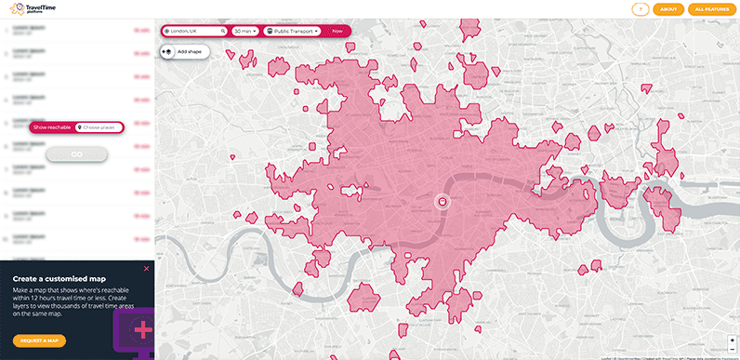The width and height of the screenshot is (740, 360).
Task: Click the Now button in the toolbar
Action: pos(337,31)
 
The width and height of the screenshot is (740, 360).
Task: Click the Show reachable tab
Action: pos(51,127)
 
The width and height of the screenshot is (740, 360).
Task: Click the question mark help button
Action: pos(639,9)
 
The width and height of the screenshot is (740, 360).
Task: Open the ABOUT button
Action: pos(667,9)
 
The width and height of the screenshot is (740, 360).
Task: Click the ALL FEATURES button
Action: pos(711,9)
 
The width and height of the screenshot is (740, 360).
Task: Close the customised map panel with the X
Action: pos(145,270)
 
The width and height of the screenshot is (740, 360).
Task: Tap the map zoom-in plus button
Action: pos(733,340)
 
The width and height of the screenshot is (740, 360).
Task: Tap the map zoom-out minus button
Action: pos(733,348)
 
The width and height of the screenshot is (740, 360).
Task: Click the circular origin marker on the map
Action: pos(443,201)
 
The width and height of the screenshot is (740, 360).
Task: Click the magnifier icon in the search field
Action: pos(223,31)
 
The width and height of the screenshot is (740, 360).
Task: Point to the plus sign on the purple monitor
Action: pos(142,330)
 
